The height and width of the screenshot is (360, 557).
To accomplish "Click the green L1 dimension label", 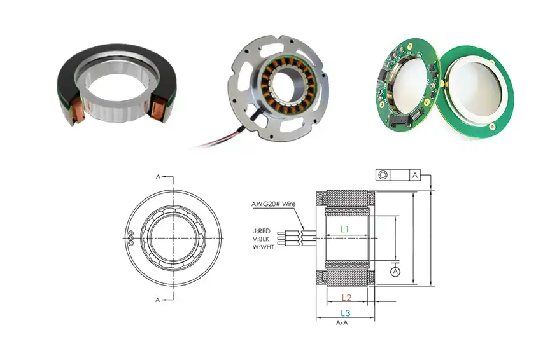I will pyautogui.click(x=344, y=228).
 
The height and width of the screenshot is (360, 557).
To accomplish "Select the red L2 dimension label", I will pyautogui.click(x=346, y=298).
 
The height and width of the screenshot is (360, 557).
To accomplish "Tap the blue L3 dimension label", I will pyautogui.click(x=345, y=313).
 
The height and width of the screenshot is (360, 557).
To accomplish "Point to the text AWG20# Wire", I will pyautogui.click(x=274, y=205).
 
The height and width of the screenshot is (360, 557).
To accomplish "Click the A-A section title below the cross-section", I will pyautogui.click(x=342, y=322).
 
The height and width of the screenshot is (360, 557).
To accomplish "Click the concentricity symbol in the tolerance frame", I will pyautogui.click(x=384, y=175).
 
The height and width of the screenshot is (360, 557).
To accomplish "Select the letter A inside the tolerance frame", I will pyautogui.click(x=414, y=175).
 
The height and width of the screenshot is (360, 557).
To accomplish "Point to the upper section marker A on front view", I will pyautogui.click(x=159, y=177).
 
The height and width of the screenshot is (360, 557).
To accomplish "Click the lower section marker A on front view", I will pyautogui.click(x=159, y=298).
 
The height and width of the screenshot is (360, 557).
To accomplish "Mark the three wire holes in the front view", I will pyautogui.click(x=130, y=237).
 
